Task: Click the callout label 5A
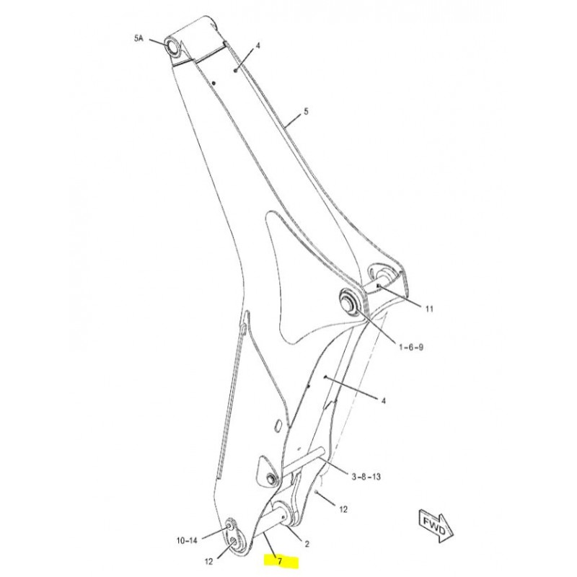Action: [x=138, y=38]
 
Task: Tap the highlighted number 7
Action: [x=281, y=562]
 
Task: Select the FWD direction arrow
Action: [x=436, y=526]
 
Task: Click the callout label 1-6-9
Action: [x=411, y=347]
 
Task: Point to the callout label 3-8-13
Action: [x=366, y=477]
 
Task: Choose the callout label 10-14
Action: [x=187, y=540]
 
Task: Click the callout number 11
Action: [x=429, y=309]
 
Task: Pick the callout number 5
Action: [x=306, y=112]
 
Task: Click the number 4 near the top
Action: [x=258, y=45]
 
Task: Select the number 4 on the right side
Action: [x=384, y=400]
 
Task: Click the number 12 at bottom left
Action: [x=208, y=562]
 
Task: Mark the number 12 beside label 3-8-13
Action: [x=343, y=510]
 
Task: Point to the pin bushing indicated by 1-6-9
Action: [x=348, y=301]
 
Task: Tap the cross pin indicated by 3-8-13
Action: [x=303, y=460]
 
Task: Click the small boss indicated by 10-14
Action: [x=229, y=525]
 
